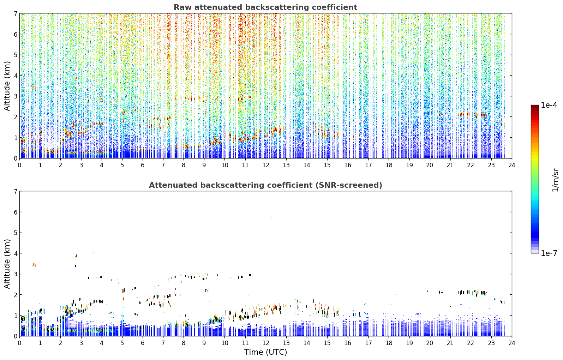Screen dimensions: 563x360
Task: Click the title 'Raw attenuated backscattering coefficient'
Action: pos(265,7)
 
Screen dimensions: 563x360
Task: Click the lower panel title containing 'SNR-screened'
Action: pos(265,185)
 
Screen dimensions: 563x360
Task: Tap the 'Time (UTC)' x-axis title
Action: pos(265,352)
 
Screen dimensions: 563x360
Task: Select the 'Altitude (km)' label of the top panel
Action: pos(7,86)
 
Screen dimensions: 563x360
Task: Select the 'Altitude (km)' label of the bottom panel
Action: pos(7,264)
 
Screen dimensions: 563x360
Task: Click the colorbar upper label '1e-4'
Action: pos(549,105)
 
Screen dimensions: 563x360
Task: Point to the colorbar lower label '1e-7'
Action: pos(549,253)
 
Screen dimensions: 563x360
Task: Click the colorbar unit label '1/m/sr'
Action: pos(556,180)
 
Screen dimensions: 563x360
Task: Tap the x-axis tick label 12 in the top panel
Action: pos(266,165)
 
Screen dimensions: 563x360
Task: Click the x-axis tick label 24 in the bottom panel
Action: pos(512,343)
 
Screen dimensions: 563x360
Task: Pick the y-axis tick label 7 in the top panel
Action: pos(15,13)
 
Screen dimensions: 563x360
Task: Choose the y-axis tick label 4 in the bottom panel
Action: pos(15,253)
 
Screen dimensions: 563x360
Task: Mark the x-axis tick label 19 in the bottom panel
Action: pos(409,343)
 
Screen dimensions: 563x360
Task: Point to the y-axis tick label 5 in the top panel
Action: pos(15,55)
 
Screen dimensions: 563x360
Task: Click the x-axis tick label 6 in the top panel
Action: pos(143,165)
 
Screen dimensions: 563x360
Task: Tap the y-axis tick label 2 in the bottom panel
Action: pos(15,295)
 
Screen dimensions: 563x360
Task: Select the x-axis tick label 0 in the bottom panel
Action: pos(20,343)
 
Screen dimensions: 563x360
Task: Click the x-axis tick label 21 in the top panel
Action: pos(450,165)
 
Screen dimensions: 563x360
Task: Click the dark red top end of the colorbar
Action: pos(535,106)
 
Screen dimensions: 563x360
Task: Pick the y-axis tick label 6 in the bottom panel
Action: pos(15,212)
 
